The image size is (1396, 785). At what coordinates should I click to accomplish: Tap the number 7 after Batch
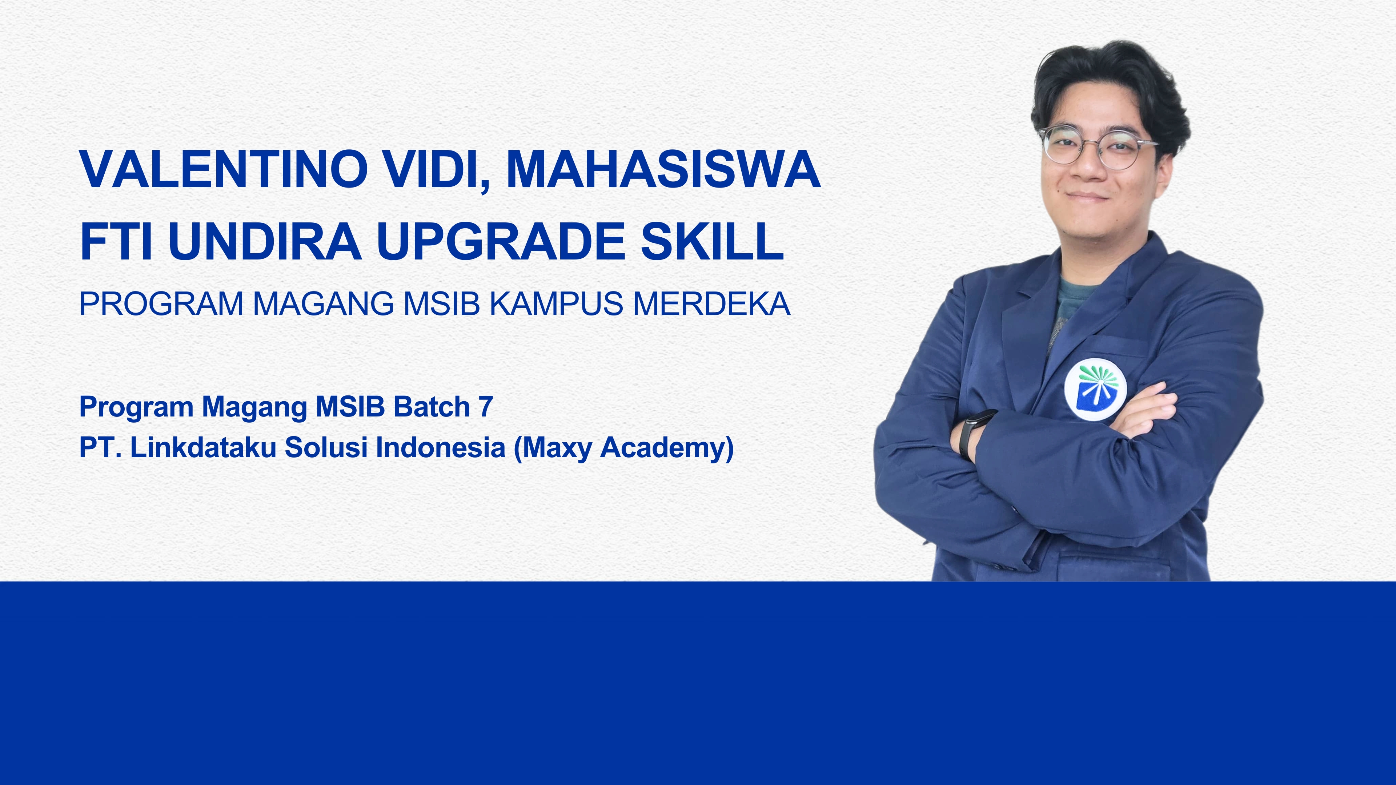(x=486, y=407)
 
